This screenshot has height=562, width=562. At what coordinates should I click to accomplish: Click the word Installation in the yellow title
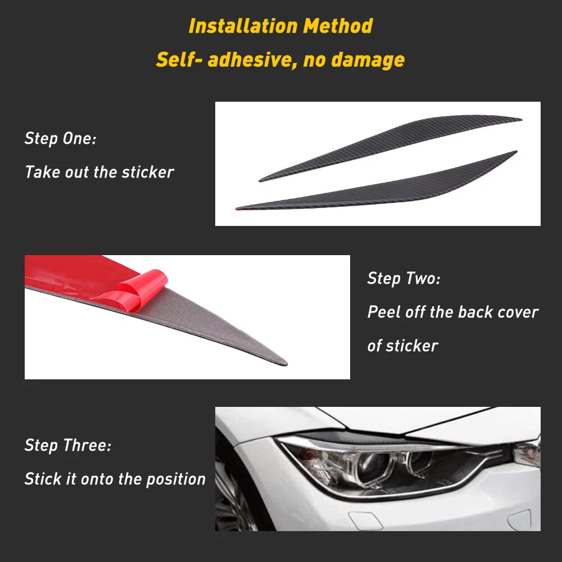pos(243,26)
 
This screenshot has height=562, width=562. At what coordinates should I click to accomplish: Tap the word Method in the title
pos(338,26)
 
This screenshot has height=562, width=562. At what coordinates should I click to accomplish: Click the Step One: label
pos(60,139)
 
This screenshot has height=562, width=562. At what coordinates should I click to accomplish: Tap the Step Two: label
pos(404,279)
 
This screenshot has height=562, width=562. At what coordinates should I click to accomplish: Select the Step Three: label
pos(68,446)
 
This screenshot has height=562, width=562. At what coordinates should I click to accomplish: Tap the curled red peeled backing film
pos(134,291)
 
